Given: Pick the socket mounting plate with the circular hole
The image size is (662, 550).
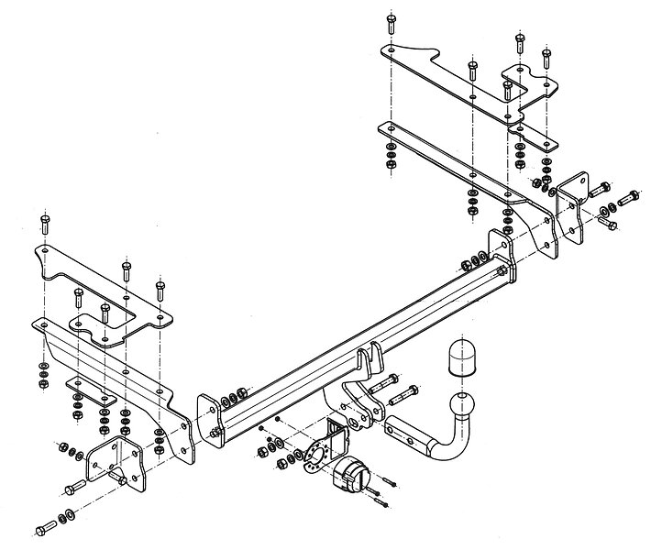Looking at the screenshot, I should pos(323,450).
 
